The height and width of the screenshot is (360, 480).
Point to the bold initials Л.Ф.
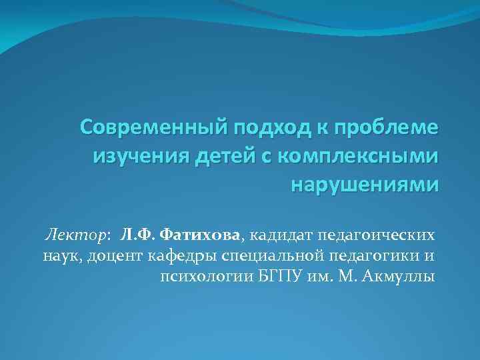(x=139, y=235)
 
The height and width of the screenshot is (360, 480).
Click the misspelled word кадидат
(x=279, y=235)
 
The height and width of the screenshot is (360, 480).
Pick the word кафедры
(x=184, y=255)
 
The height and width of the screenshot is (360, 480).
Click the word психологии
(x=207, y=275)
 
